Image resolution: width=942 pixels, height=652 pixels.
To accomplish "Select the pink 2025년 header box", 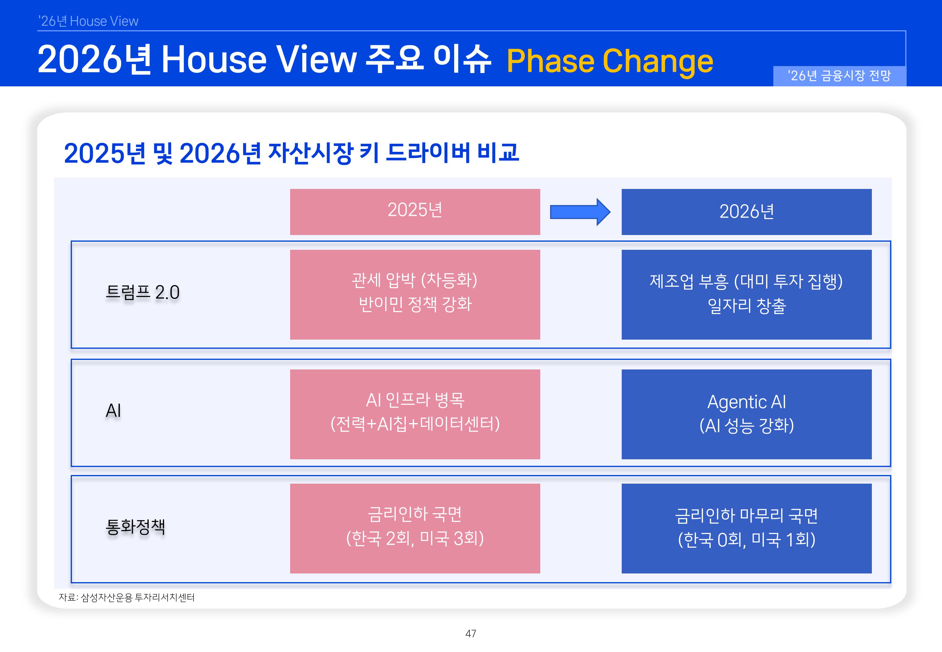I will [x=415, y=212].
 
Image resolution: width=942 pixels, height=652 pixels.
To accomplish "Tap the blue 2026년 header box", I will [x=746, y=212].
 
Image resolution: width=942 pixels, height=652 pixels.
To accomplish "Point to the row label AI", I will [x=113, y=411].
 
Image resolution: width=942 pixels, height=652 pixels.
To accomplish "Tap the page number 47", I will [x=471, y=634].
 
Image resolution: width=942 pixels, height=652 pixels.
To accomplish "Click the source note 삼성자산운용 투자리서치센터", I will [x=127, y=597].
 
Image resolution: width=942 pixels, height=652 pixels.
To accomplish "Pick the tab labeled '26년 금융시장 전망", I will [x=839, y=76].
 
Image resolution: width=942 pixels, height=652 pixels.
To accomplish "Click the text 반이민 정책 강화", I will [x=415, y=304].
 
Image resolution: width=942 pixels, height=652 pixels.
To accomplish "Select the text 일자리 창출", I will [x=746, y=306].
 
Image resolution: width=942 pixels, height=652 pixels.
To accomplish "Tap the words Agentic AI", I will [x=746, y=402].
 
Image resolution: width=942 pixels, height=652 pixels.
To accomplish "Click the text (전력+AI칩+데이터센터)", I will [x=415, y=424].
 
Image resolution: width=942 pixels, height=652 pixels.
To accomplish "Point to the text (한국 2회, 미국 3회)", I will [x=415, y=538].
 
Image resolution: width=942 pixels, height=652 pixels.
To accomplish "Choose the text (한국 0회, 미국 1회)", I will [x=746, y=540].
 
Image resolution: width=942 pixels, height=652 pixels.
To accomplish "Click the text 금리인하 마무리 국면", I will [x=746, y=516].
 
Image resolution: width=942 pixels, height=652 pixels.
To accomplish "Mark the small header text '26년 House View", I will [x=88, y=21].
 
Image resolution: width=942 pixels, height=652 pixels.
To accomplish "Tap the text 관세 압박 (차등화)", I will [x=415, y=280].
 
